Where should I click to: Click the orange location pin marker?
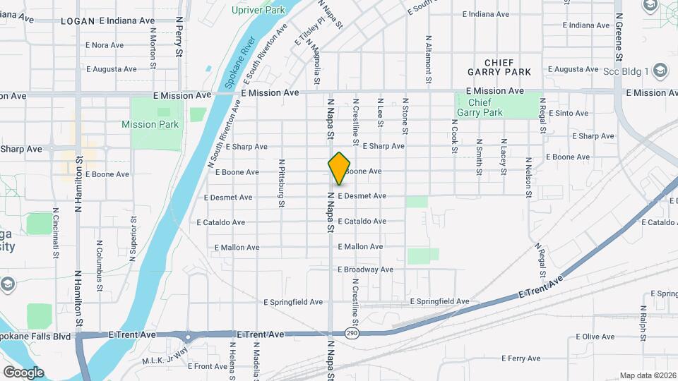339,168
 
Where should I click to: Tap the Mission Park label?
150,124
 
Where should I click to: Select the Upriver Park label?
258,10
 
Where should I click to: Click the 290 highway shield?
351,332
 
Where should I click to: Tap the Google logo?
23,372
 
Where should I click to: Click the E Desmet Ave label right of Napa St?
362,195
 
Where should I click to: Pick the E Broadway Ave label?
365,270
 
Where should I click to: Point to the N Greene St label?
619,35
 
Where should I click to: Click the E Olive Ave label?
597,337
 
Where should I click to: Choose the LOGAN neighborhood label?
78,21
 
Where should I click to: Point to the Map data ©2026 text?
647,375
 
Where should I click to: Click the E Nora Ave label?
105,45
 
